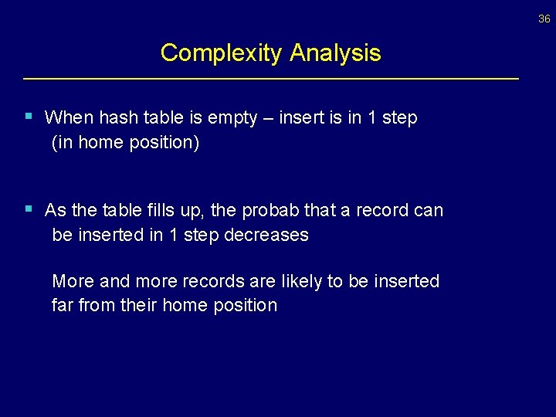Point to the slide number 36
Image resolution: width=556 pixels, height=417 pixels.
point(544,19)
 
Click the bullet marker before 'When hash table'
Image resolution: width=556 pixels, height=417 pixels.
point(29,117)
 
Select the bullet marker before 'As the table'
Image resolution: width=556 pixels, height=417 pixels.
point(29,208)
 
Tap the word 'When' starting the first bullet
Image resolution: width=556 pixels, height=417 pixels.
point(68,117)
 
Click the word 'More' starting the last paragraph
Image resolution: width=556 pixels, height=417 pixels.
point(73,281)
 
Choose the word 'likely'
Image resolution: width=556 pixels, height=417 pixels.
point(302,281)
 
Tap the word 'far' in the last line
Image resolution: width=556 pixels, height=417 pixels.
point(62,305)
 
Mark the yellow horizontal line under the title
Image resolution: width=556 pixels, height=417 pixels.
point(271,79)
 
